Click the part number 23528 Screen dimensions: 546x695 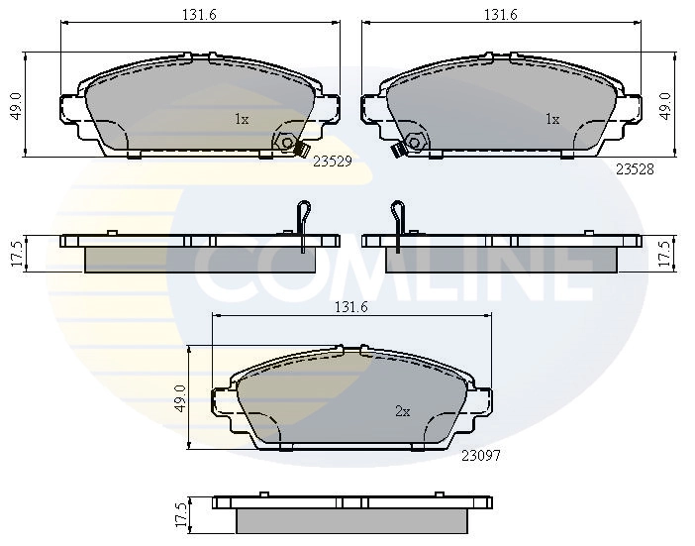635,169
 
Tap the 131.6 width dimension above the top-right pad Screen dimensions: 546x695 501,15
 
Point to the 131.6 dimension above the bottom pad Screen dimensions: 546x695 350,308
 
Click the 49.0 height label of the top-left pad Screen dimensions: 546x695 15,105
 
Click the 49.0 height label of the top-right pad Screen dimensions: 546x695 666,105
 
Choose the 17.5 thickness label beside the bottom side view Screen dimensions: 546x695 180,516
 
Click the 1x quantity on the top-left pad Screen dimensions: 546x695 242,119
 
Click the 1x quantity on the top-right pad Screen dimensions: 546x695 552,119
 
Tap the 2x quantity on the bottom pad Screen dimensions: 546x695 402,411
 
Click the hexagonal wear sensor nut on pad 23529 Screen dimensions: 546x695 287,143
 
